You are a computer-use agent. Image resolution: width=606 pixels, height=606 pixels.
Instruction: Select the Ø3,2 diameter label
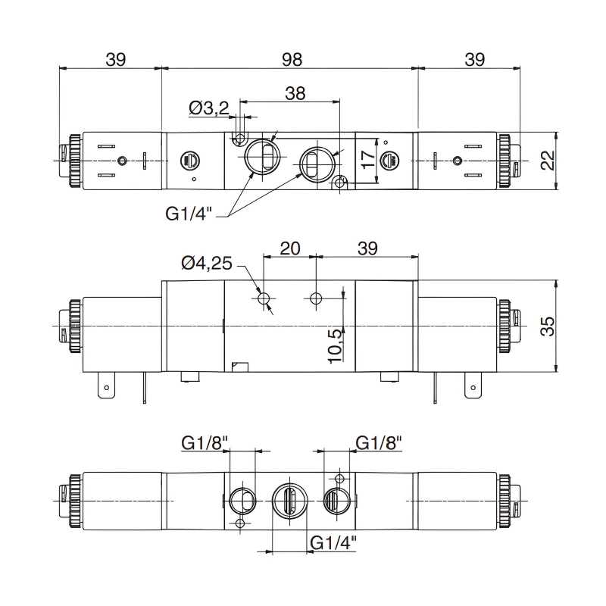point(208,110)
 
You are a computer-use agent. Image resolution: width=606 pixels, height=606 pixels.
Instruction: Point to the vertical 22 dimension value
point(548,160)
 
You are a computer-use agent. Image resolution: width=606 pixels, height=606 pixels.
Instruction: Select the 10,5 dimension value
point(334,345)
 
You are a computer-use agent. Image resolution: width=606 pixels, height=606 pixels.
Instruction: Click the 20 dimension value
point(290,248)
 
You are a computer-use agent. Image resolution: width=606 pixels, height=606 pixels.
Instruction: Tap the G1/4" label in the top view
point(189,214)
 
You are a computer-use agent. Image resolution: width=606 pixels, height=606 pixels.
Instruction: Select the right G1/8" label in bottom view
point(379,443)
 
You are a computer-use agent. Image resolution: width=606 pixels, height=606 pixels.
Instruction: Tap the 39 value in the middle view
point(367,248)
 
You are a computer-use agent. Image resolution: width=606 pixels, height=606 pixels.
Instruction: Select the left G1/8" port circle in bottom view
point(240,499)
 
